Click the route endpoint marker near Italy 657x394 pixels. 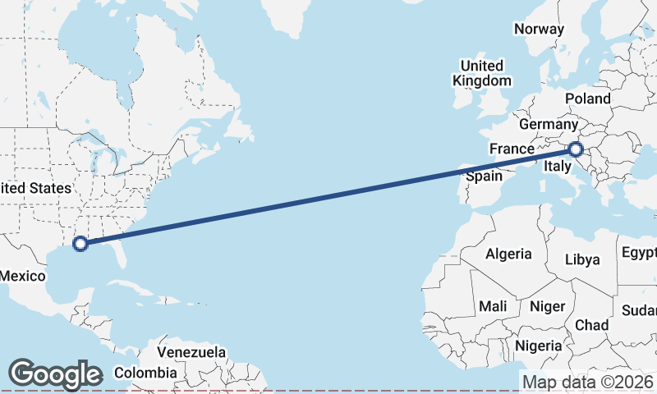pyautogui.click(x=575, y=149)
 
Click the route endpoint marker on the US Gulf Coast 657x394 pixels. pyautogui.click(x=80, y=243)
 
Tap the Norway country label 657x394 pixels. pyautogui.click(x=539, y=30)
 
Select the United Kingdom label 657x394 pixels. pyautogui.click(x=482, y=73)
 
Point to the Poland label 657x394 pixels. pyautogui.click(x=588, y=98)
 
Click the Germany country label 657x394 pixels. pyautogui.click(x=549, y=125)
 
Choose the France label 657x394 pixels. pyautogui.click(x=512, y=149)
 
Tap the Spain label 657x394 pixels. pyautogui.click(x=484, y=176)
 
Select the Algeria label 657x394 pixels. pyautogui.click(x=508, y=254)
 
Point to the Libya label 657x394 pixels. pyautogui.click(x=583, y=259)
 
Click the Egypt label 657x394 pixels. pyautogui.click(x=640, y=251)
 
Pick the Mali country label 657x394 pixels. pyautogui.click(x=493, y=306)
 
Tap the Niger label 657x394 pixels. pyautogui.click(x=548, y=306)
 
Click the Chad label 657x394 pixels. pyautogui.click(x=591, y=325)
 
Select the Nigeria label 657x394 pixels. pyautogui.click(x=540, y=346)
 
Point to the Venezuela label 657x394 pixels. pyautogui.click(x=191, y=351)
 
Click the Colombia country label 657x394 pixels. pyautogui.click(x=145, y=373)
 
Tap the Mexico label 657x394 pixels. pyautogui.click(x=23, y=276)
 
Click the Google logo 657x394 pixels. pyautogui.click(x=55, y=374)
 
